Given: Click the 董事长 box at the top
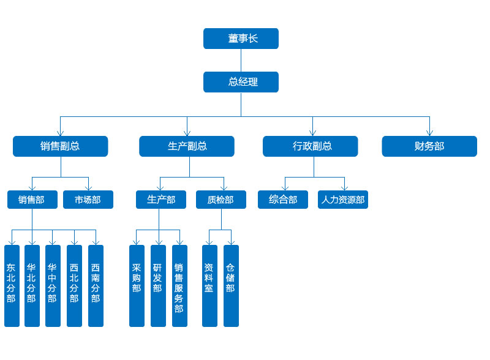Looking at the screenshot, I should tap(241, 39).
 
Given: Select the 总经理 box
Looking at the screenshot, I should tap(241, 82).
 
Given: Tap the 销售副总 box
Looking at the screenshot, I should tap(60, 146).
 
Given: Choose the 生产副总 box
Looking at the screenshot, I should tap(186, 146).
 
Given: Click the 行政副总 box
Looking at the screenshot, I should tap(311, 146).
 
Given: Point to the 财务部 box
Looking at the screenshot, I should tap(429, 146).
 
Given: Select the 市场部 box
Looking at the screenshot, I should tap(88, 200).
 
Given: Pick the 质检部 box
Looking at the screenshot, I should tap(221, 200).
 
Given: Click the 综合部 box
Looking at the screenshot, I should tap(283, 200).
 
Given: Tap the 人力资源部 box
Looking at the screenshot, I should tap(343, 200).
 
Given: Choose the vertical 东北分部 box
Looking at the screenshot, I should tap(12, 285).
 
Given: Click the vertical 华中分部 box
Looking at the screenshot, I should tap(53, 285).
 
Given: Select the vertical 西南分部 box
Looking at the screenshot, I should tap(96, 285).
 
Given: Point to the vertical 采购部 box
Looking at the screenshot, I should tap(137, 285).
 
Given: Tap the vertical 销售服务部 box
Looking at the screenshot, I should tap(179, 285).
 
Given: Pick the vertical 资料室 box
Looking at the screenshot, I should tap(209, 285).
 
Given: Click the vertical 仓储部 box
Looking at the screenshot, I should tap(231, 285).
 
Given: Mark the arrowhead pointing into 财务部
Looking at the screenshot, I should tap(429, 133).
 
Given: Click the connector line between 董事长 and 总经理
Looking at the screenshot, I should tap(241, 60).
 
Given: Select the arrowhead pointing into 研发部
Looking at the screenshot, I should tap(159, 242).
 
